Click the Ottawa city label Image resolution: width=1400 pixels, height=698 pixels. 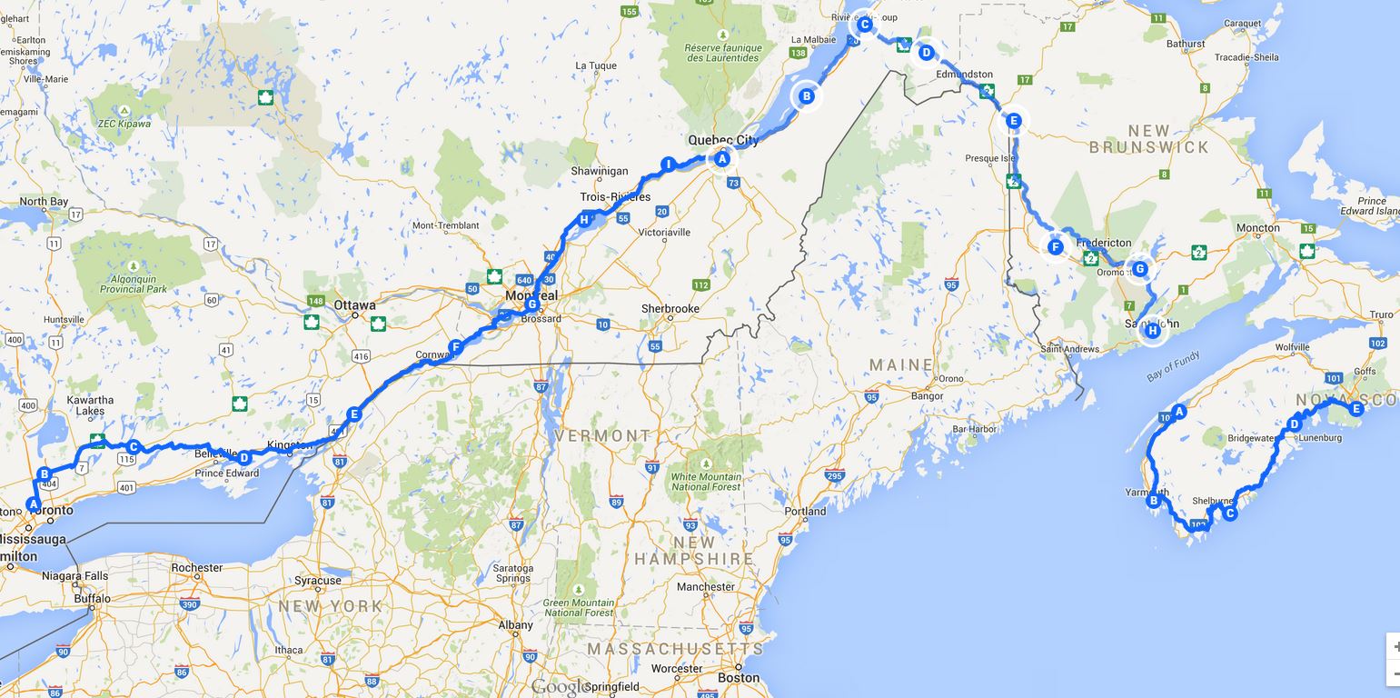355,305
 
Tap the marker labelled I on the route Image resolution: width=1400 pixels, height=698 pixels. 669,165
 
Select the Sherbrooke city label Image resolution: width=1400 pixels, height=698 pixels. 670,309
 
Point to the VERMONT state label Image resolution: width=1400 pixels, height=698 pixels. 603,436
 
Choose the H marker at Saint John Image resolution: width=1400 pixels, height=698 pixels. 1153,331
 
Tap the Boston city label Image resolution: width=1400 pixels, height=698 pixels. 739,677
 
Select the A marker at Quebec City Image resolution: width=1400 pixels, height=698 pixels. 722,159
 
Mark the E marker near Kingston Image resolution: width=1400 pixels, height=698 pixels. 354,414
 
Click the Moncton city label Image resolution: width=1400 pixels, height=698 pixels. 1258,228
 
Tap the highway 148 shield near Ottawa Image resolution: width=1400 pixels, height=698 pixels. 316,301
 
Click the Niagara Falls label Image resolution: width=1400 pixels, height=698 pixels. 75,576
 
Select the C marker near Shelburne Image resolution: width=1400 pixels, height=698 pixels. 1230,514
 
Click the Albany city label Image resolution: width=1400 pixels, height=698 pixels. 515,625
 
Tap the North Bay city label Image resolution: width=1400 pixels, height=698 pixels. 45,202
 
